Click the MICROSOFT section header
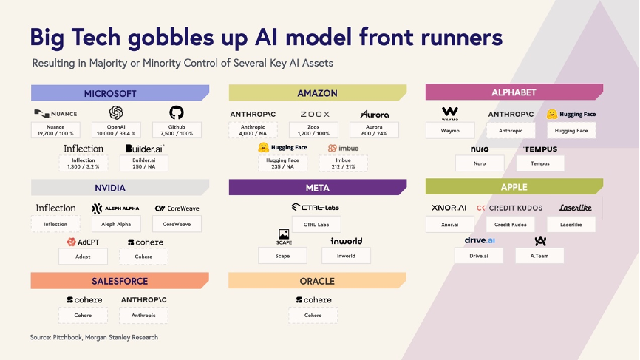120,93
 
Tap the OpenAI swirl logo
116,112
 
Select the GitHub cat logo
177,112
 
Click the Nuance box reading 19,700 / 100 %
55,130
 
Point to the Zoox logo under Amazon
315,115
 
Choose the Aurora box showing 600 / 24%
374,130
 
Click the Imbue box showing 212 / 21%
343,163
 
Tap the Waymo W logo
450,113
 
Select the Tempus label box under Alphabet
540,163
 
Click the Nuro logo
480,149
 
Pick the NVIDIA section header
120,188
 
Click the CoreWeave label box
177,224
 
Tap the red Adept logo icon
71,242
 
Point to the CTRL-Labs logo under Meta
316,207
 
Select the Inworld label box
346,256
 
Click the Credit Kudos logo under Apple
509,208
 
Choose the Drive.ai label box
479,256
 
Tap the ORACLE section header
318,281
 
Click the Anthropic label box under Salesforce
143,316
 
